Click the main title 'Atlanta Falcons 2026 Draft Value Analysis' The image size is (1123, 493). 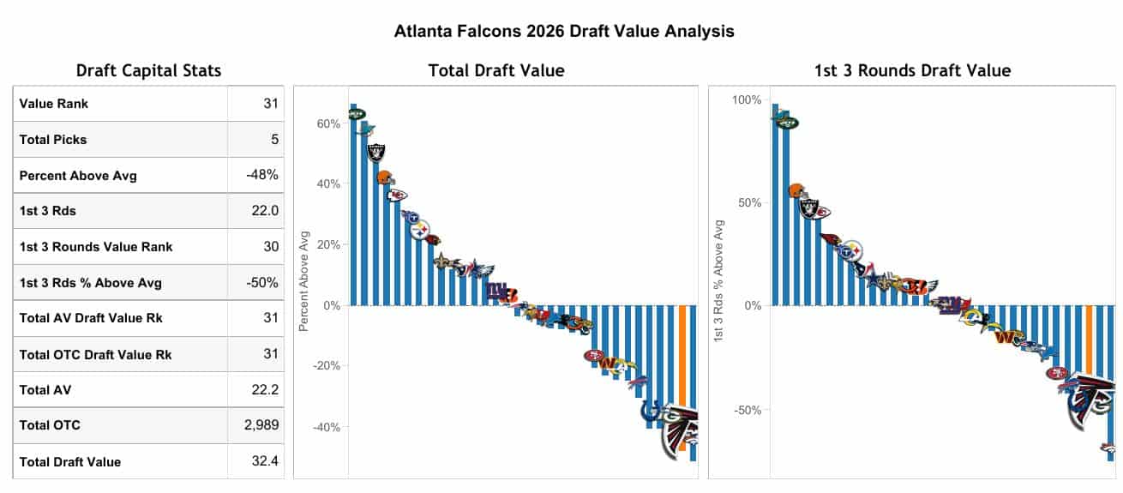564,31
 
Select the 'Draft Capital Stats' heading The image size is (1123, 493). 148,70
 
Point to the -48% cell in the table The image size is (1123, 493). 262,175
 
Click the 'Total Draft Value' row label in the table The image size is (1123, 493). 69,461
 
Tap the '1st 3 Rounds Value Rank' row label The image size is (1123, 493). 95,247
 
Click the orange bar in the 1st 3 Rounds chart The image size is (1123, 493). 1089,340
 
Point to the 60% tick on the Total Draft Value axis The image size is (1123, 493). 328,123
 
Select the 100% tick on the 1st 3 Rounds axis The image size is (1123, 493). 747,100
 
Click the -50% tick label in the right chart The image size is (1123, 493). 747,410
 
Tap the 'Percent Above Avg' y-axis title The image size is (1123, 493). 303,280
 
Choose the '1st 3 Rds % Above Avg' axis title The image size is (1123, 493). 719,281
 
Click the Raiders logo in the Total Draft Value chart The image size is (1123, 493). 375,153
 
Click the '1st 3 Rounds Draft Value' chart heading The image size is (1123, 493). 912,70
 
